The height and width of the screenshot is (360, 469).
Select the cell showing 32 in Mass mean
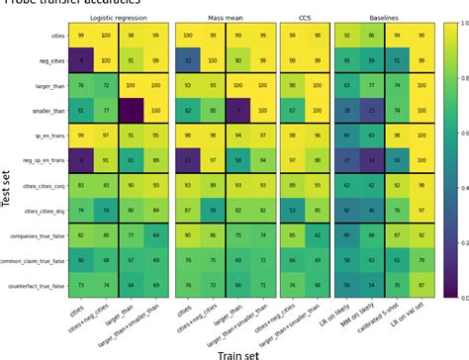coord(186,60)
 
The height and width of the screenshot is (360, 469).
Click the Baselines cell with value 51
coord(393,60)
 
